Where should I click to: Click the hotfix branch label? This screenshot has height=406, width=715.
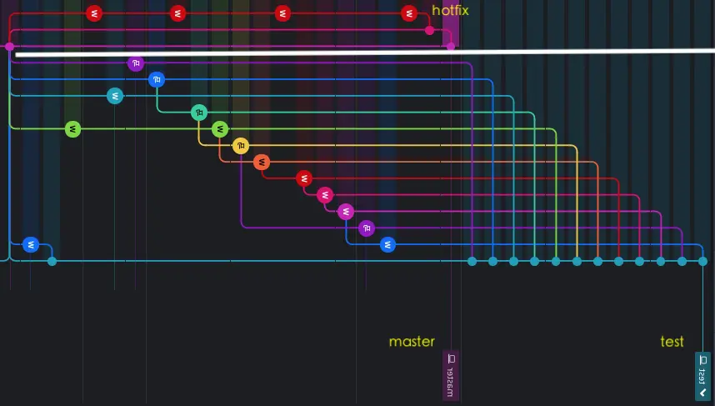(450, 11)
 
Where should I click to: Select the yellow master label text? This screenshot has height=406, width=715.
(412, 342)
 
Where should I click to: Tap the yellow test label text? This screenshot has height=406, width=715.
(672, 342)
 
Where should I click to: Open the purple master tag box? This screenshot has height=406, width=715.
(451, 375)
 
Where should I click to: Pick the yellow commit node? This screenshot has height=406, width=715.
(241, 146)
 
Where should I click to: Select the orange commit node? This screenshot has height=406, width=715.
(262, 162)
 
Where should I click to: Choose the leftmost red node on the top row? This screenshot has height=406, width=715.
(94, 13)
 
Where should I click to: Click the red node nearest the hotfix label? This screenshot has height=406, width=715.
(408, 13)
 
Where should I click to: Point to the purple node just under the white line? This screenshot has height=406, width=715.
(136, 63)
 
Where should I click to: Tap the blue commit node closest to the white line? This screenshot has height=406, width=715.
(157, 80)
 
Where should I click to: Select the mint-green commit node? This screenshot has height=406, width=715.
(198, 113)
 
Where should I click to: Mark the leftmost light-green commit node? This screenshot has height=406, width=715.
(73, 129)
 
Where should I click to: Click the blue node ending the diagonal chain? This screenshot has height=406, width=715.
(387, 244)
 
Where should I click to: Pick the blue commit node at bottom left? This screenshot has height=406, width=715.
(31, 244)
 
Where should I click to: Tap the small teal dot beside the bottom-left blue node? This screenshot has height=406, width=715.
(52, 261)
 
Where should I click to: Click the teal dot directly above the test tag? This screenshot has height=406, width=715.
(702, 261)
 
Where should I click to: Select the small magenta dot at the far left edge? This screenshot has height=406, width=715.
(9, 47)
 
